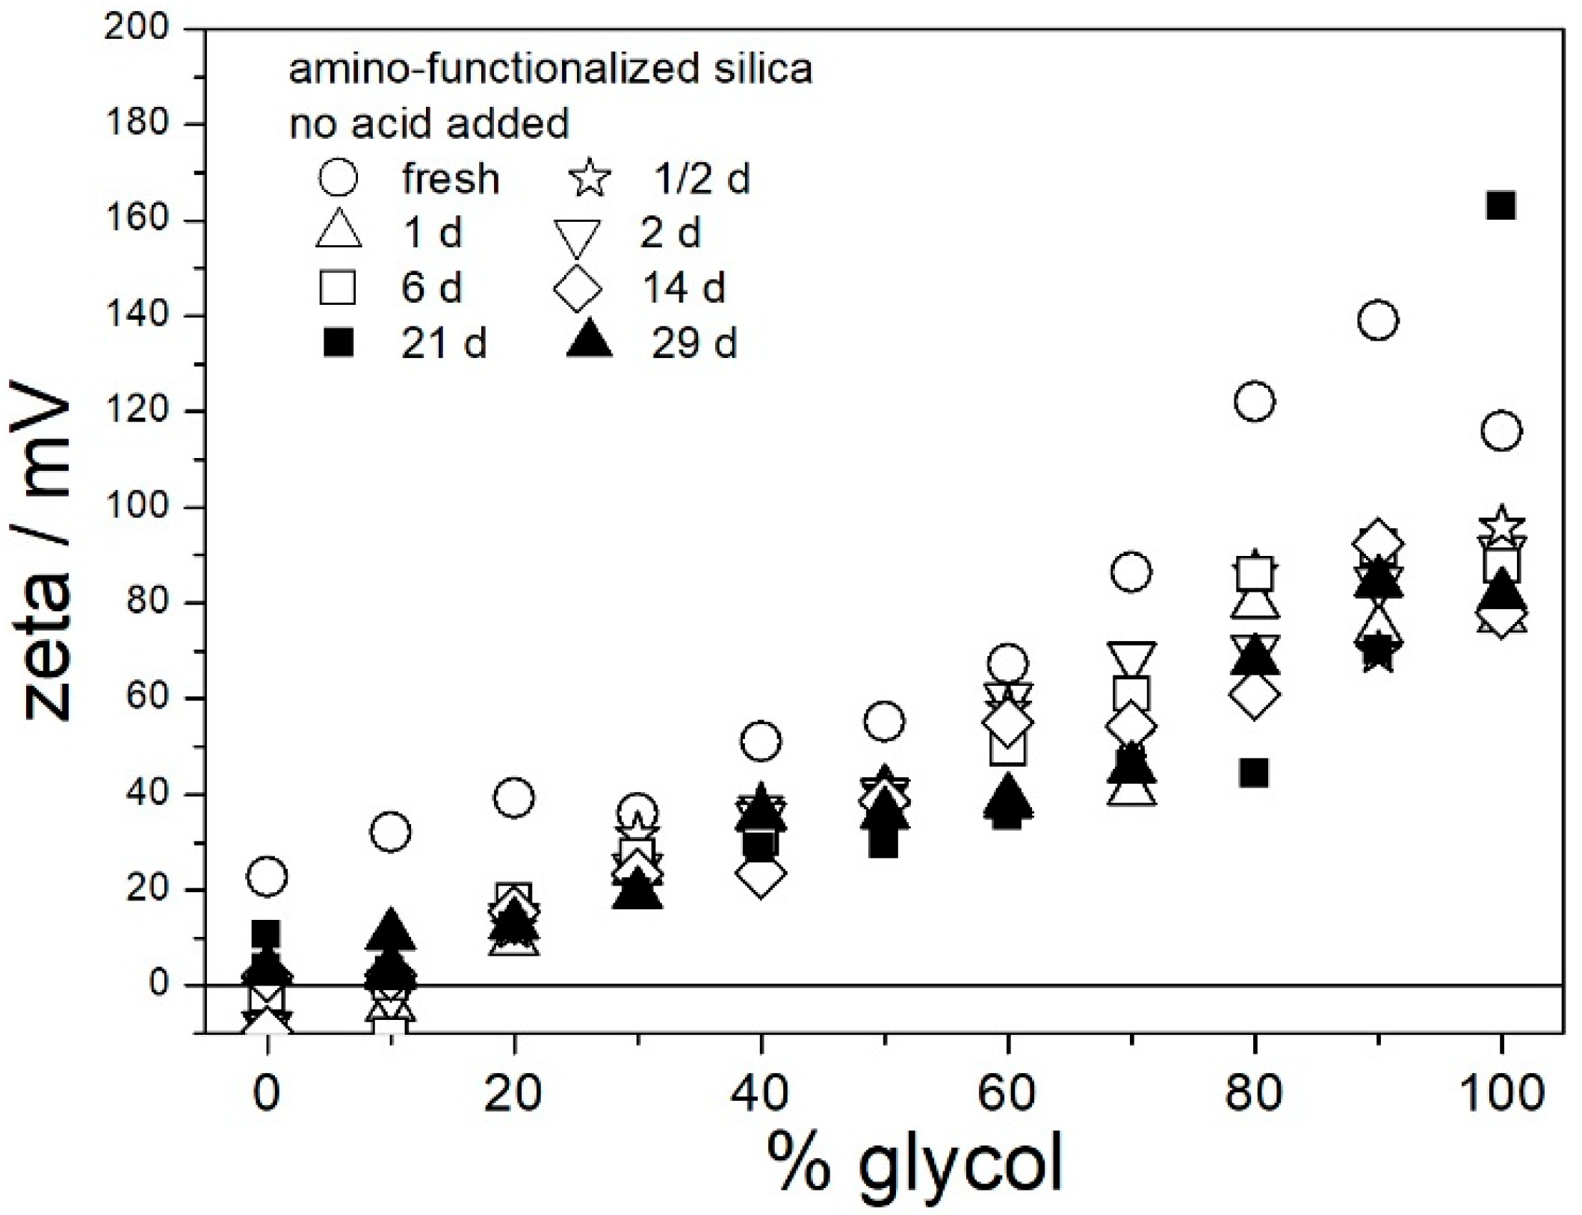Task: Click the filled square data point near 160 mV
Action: click(x=1501, y=205)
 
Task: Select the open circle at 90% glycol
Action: click(x=1378, y=321)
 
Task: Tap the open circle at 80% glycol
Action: click(x=1255, y=402)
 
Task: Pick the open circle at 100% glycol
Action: click(x=1501, y=431)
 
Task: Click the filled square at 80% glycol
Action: click(x=1254, y=773)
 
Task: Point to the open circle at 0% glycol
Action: click(x=267, y=876)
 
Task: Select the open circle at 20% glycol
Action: click(x=513, y=798)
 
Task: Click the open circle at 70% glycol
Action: click(x=1131, y=573)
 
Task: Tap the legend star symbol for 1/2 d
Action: click(x=590, y=179)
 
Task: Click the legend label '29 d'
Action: click(x=694, y=344)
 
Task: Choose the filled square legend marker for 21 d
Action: click(x=338, y=344)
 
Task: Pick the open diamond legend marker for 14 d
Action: click(x=578, y=288)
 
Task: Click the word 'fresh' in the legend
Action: click(x=451, y=179)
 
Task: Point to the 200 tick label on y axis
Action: click(x=137, y=28)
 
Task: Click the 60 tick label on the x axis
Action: click(x=1007, y=1092)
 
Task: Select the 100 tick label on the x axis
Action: click(x=1501, y=1092)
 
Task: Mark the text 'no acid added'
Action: click(x=429, y=123)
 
